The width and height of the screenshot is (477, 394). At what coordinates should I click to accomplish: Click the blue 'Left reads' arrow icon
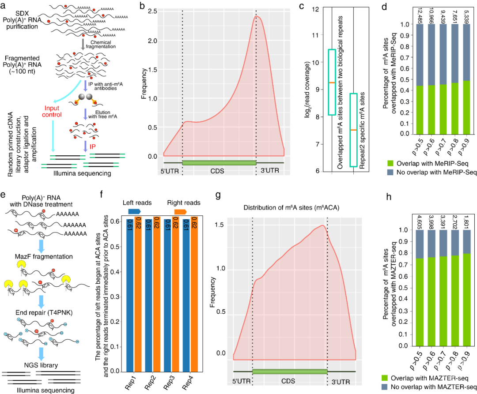point(134,212)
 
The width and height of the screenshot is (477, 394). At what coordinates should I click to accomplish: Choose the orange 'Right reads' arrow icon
point(180,212)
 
